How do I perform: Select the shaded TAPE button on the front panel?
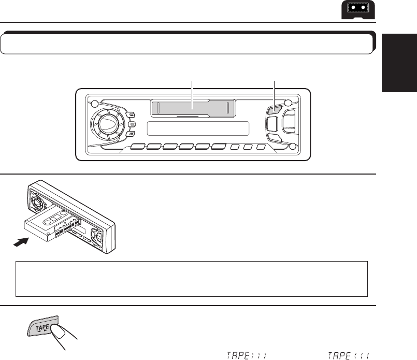(x=275, y=110)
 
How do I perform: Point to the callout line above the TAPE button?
(x=275, y=91)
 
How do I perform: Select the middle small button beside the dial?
(x=133, y=125)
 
